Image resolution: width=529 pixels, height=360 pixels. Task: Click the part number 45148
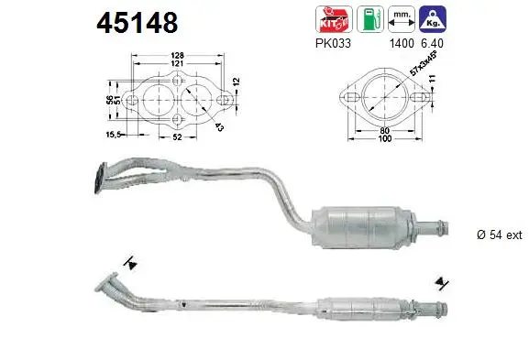coord(138,21)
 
